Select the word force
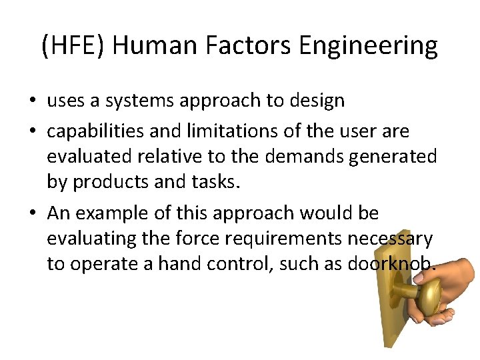(203, 238)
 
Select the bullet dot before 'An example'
(33, 213)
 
